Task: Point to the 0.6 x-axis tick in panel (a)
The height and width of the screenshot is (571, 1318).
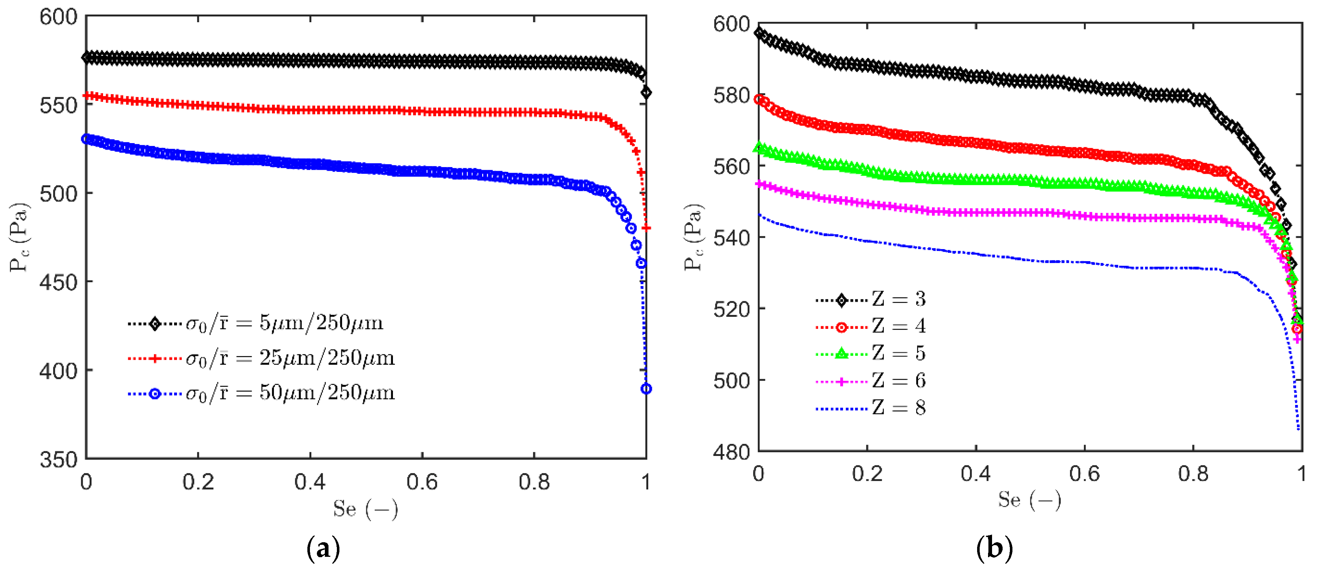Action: (422, 482)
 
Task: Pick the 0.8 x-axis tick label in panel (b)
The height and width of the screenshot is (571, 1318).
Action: (1193, 474)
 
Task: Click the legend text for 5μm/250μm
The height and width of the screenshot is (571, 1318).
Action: (284, 323)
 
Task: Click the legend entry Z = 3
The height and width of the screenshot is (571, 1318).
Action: (898, 299)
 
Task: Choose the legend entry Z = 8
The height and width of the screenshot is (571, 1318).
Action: (898, 408)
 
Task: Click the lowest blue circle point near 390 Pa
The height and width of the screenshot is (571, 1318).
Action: (646, 389)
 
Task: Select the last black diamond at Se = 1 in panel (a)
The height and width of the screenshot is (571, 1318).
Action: (646, 92)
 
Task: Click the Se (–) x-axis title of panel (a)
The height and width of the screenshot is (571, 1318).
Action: (365, 509)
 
